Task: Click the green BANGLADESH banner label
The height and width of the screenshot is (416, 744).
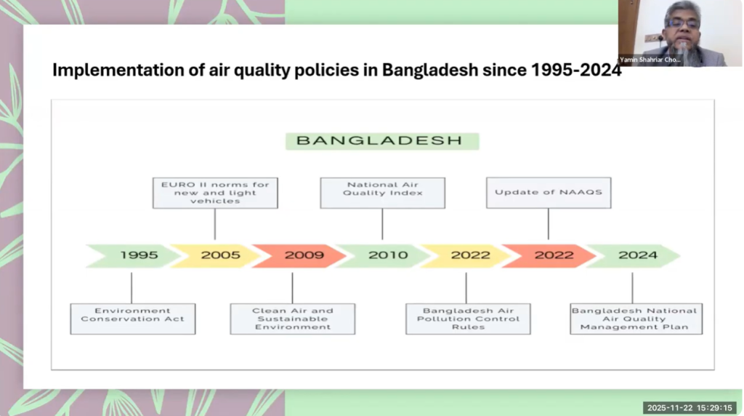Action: point(382,141)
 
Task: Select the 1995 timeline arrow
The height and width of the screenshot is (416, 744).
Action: point(133,255)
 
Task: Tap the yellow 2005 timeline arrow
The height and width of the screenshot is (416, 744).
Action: point(216,255)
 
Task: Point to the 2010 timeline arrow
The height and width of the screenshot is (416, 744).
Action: point(384,255)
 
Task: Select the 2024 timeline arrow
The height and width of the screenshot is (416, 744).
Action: point(634,255)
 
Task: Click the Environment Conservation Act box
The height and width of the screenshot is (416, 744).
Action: point(133,319)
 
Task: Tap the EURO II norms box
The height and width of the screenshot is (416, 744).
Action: point(215,193)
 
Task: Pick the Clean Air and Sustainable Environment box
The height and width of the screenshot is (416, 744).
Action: point(293,319)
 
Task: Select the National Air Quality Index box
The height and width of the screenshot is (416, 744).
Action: point(382,193)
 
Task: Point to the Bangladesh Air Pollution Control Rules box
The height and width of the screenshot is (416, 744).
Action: point(468,319)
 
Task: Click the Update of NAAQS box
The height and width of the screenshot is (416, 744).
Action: point(549,193)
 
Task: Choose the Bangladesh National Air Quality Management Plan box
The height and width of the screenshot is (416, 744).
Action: point(636,319)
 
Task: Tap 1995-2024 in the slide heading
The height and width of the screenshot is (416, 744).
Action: point(576,70)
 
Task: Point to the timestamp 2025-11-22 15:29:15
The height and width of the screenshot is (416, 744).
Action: point(690,408)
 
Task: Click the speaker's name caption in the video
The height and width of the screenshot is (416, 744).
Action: point(650,60)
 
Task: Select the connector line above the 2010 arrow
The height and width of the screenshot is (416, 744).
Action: point(382,224)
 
